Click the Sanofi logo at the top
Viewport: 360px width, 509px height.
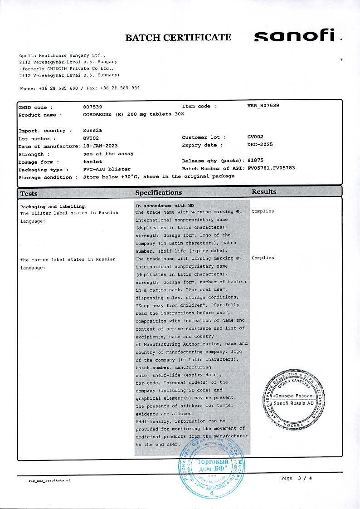pyautogui.click(x=295, y=36)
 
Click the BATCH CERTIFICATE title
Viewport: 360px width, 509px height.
pyautogui.click(x=178, y=38)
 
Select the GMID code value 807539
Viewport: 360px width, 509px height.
pyautogui.click(x=93, y=107)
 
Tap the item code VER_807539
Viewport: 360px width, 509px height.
pyautogui.click(x=263, y=106)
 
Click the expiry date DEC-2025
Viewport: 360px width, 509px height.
pyautogui.click(x=260, y=145)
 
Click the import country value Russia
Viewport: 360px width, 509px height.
pyautogui.click(x=92, y=130)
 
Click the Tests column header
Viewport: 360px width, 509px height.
pyautogui.click(x=29, y=194)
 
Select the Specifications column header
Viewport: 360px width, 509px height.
pyautogui.click(x=158, y=193)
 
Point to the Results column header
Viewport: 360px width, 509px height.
pyautogui.click(x=264, y=192)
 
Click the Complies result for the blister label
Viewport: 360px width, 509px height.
pyautogui.click(x=263, y=211)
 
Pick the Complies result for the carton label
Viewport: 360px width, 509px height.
pyautogui.click(x=263, y=258)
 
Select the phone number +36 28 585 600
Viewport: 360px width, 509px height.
pyautogui.click(x=60, y=88)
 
